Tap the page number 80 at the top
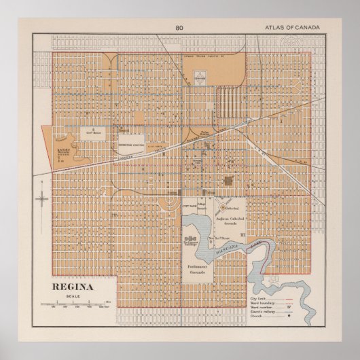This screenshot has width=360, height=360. click(179, 28)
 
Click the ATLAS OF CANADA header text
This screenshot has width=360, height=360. click(293, 28)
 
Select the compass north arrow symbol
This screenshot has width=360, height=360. click(42, 199)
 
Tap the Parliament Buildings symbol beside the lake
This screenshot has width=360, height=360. click(192, 239)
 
